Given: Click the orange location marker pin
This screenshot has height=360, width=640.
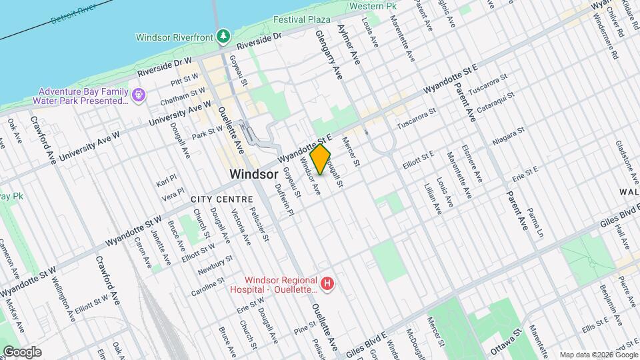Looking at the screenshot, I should point(321,159).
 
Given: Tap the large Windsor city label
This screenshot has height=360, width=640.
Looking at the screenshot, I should point(253,173).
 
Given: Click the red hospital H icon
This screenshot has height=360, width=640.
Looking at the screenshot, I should point(327,285).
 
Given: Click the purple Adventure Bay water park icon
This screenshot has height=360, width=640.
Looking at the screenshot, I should point(138,96).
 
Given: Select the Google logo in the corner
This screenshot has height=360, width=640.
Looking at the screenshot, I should point(22,351).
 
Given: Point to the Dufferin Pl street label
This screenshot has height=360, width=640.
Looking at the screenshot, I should point(284,202).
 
